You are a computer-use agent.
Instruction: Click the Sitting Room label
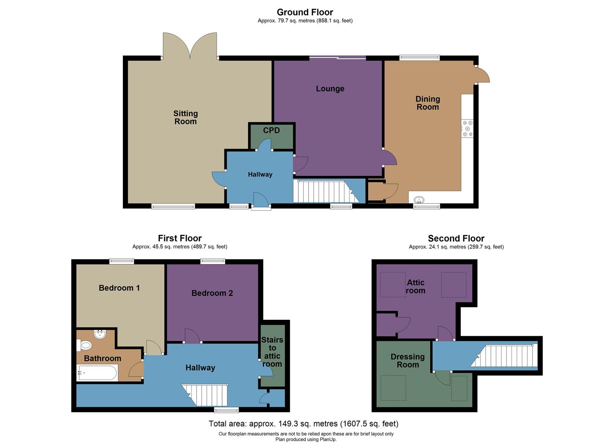pyautogui.click(x=185, y=117)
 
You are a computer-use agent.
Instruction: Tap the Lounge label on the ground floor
pyautogui.click(x=330, y=89)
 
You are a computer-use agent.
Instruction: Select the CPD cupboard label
pyautogui.click(x=271, y=130)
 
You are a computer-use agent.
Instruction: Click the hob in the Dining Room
pyautogui.click(x=467, y=129)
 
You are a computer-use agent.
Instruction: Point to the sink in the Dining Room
pyautogui.click(x=419, y=200)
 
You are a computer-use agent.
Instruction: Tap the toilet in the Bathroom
pyautogui.click(x=85, y=345)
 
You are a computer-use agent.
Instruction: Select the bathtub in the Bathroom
pyautogui.click(x=98, y=373)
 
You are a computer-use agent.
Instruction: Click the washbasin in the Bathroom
pyautogui.click(x=100, y=334)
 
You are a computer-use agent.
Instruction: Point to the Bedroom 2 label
pyautogui.click(x=212, y=293)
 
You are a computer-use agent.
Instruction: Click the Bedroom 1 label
pyautogui.click(x=119, y=288)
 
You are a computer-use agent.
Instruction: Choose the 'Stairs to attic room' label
pyautogui.click(x=272, y=352)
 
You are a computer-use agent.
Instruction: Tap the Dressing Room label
pyautogui.click(x=407, y=361)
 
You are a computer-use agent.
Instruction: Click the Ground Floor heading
pyautogui.click(x=305, y=12)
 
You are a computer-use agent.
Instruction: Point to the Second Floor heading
pyautogui.click(x=456, y=238)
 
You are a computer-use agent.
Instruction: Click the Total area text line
pyautogui.click(x=303, y=424)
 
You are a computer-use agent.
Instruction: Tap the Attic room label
pyautogui.click(x=415, y=286)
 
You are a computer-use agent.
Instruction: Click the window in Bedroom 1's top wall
pyautogui.click(x=122, y=261)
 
